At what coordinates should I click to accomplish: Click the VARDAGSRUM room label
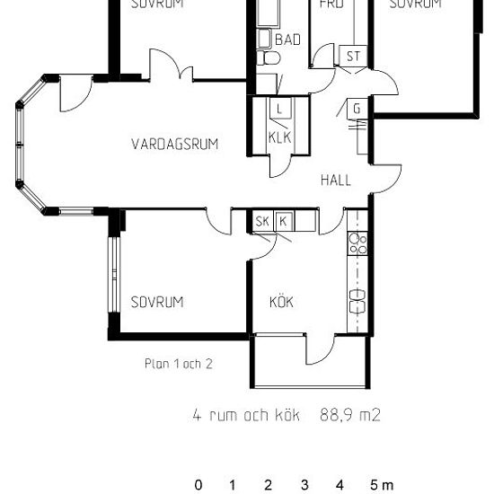click(x=174, y=144)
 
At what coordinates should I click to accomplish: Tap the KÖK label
click(x=281, y=302)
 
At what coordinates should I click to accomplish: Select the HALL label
click(x=336, y=181)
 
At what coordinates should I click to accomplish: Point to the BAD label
click(x=287, y=40)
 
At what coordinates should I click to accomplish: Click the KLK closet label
click(x=280, y=138)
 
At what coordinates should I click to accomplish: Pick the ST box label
click(x=353, y=57)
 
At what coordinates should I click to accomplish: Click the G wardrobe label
click(x=357, y=110)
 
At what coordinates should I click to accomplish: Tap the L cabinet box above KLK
click(x=280, y=110)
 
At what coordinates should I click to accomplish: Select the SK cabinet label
click(x=262, y=222)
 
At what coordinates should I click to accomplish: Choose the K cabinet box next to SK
click(x=283, y=222)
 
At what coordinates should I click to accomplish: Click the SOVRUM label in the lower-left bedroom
click(x=156, y=302)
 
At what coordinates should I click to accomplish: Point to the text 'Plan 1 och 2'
click(x=178, y=365)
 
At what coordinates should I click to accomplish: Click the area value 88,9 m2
click(x=350, y=415)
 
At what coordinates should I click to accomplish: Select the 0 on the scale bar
click(x=198, y=486)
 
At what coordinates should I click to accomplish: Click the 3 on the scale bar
click(x=304, y=486)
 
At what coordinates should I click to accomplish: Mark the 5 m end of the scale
click(x=381, y=486)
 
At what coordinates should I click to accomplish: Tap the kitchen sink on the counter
click(x=357, y=296)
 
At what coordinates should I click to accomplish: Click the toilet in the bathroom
click(x=268, y=58)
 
